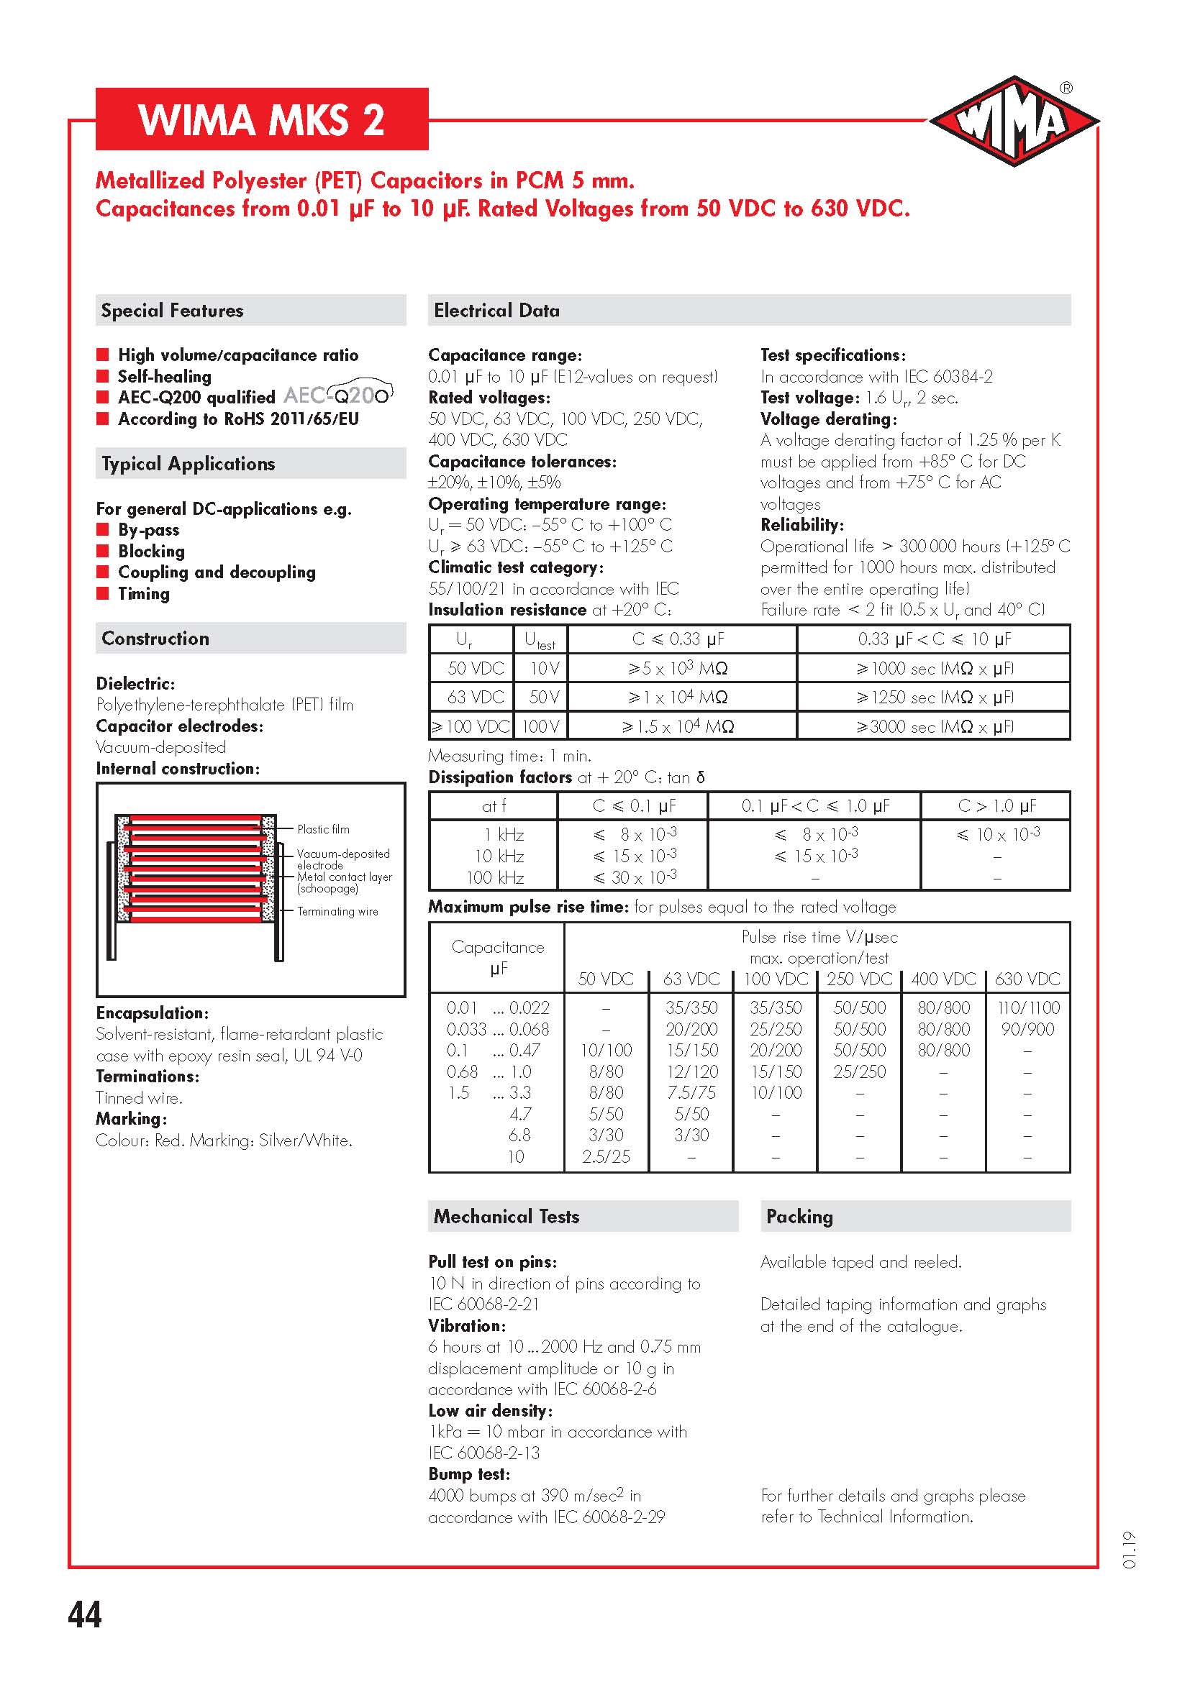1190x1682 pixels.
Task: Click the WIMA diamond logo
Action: (1013, 121)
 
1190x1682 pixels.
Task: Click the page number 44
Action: (84, 1614)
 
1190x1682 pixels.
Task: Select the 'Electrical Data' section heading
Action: (496, 311)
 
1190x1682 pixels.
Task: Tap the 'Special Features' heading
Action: (172, 311)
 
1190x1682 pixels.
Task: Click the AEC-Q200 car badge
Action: (340, 395)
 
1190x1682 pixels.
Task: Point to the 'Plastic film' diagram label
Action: (323, 829)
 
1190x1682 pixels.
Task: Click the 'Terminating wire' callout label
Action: (338, 911)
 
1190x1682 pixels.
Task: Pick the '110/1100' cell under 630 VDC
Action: (1028, 1008)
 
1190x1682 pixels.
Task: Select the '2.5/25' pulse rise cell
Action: (606, 1157)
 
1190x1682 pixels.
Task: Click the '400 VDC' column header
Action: (944, 979)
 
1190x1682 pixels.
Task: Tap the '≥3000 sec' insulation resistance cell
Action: (934, 727)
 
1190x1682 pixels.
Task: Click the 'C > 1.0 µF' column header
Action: (996, 806)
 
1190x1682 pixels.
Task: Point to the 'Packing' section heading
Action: (799, 1217)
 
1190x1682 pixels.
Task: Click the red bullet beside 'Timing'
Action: (103, 593)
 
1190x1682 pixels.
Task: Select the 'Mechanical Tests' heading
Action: (507, 1217)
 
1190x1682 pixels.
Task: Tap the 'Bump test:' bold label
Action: (469, 1474)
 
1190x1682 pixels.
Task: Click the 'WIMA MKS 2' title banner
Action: (262, 119)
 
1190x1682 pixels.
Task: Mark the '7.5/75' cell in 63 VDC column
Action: (691, 1092)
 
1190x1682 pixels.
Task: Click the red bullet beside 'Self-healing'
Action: (103, 377)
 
